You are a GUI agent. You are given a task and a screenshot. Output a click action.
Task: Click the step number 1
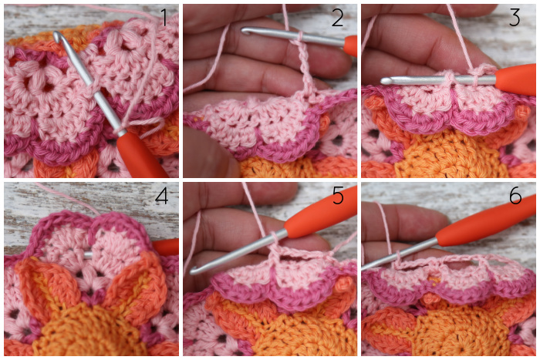coord(164,18)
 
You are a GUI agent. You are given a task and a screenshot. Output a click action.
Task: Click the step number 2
coord(337,18)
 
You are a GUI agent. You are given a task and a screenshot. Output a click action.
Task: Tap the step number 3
coord(515,18)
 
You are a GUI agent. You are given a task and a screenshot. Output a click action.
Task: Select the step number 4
coord(161,196)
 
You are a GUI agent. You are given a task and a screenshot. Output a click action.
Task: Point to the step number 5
coord(338,196)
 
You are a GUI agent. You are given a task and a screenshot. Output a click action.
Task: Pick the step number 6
coord(515,196)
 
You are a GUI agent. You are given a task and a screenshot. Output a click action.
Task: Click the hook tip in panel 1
coord(56,35)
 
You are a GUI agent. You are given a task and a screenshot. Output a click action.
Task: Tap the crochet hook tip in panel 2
coord(245,32)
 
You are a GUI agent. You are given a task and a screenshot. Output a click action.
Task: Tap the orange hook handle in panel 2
coord(350,46)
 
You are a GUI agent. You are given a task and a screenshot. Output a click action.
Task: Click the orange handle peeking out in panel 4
coord(165,247)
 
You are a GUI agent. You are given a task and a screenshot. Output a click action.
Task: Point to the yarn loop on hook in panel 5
coord(274,238)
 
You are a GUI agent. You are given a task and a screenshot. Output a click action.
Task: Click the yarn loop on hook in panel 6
coord(398,259)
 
